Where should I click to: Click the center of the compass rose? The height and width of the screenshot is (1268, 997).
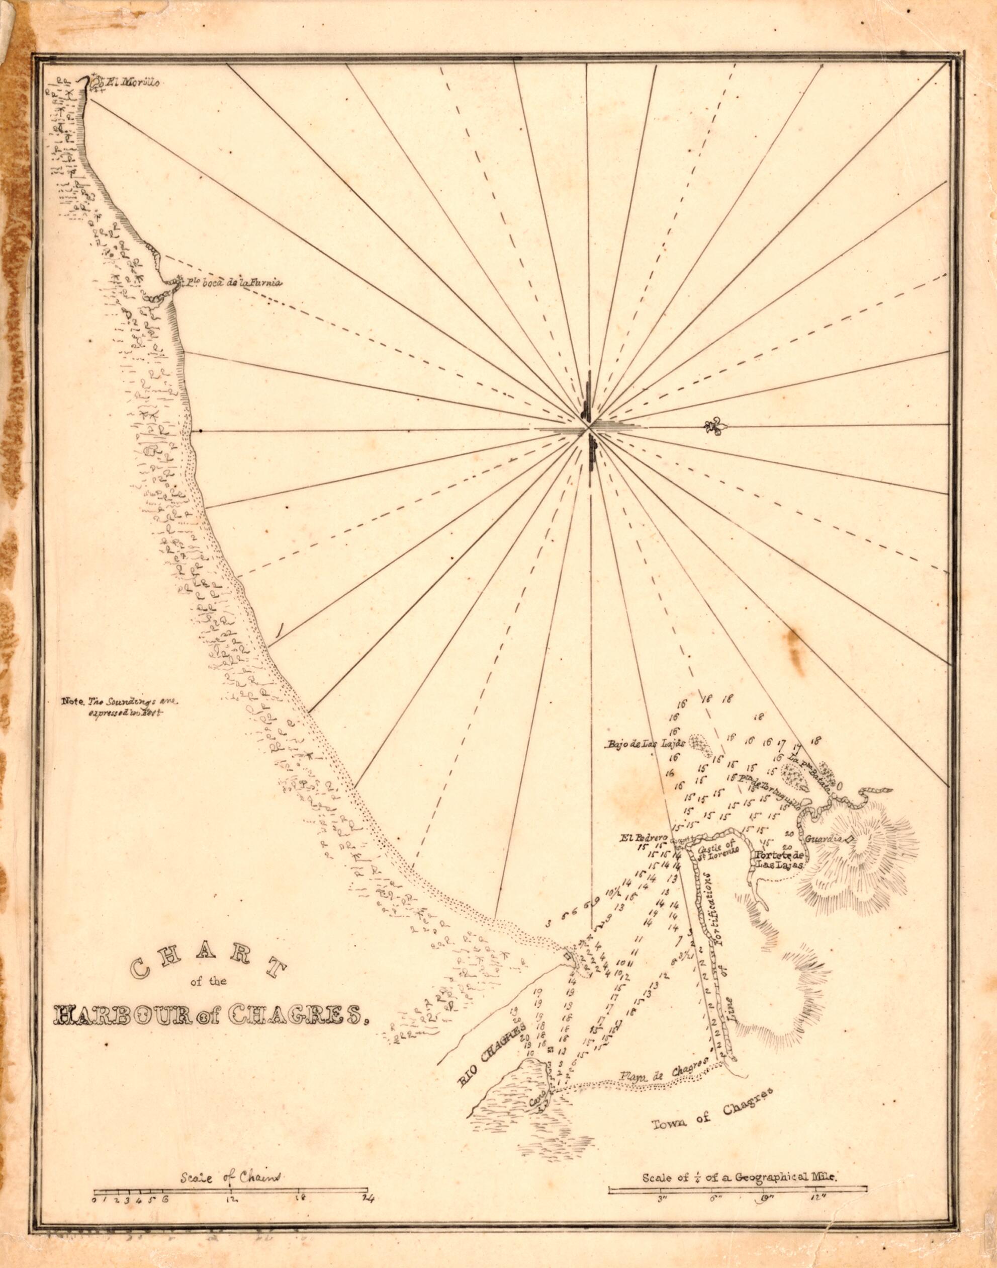pyautogui.click(x=590, y=430)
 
